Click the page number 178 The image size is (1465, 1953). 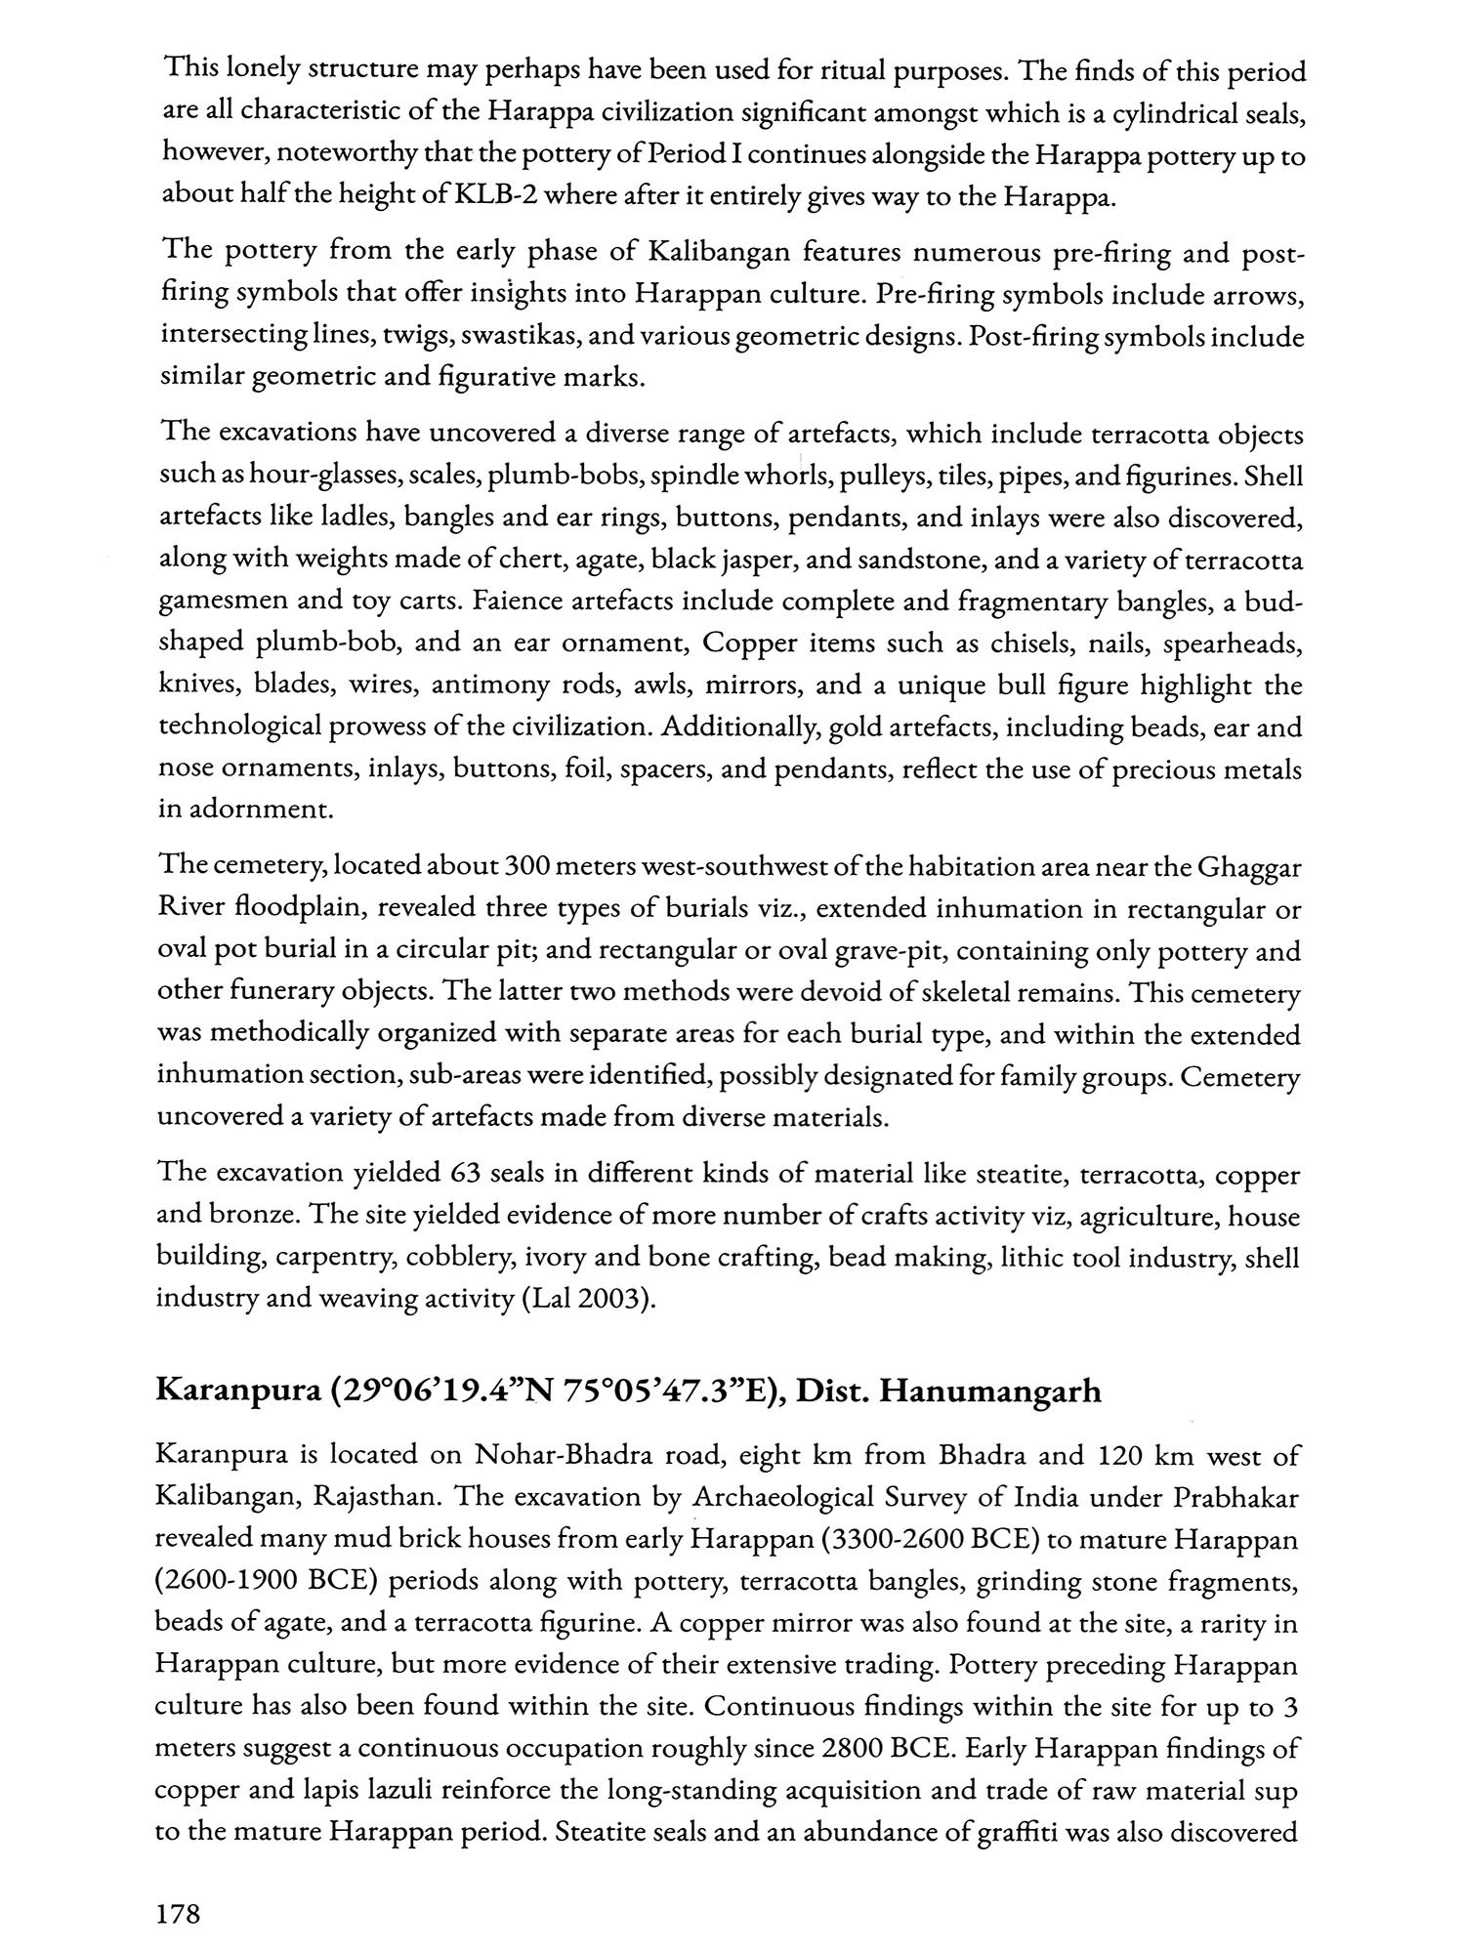coord(178,1914)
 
